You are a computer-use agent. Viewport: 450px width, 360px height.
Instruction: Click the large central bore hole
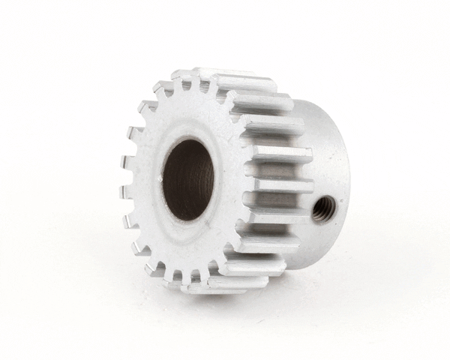pyautogui.click(x=188, y=180)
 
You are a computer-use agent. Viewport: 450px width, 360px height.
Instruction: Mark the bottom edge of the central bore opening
pyautogui.click(x=187, y=219)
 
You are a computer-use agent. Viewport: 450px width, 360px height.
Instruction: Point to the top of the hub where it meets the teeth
pyautogui.click(x=300, y=105)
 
